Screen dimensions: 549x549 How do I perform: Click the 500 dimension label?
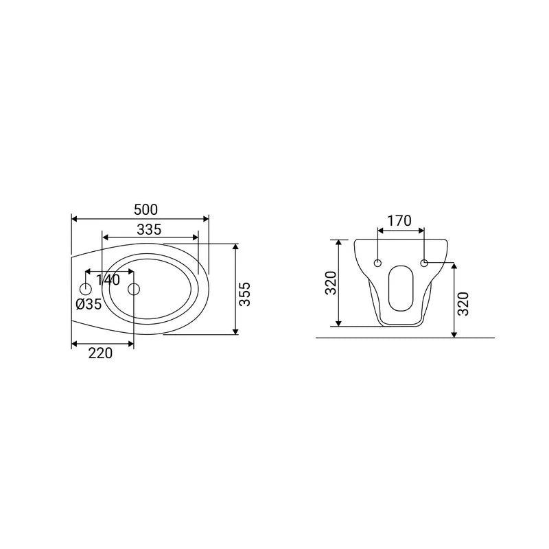pyautogui.click(x=145, y=210)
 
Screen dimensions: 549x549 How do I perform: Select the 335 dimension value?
pyautogui.click(x=149, y=230)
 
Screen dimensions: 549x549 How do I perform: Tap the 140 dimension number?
pyautogui.click(x=108, y=280)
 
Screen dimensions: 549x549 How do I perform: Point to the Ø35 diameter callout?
pyautogui.click(x=89, y=304)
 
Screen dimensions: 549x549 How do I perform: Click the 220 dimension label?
pyautogui.click(x=100, y=353)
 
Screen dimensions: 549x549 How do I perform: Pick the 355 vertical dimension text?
pyautogui.click(x=245, y=294)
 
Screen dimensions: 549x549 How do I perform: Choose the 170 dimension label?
pyautogui.click(x=399, y=221)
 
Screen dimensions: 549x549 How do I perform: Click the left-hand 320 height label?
pyautogui.click(x=331, y=283)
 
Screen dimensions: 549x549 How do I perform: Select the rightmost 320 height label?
pyautogui.click(x=463, y=304)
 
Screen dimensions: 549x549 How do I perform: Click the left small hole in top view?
pyautogui.click(x=86, y=289)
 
